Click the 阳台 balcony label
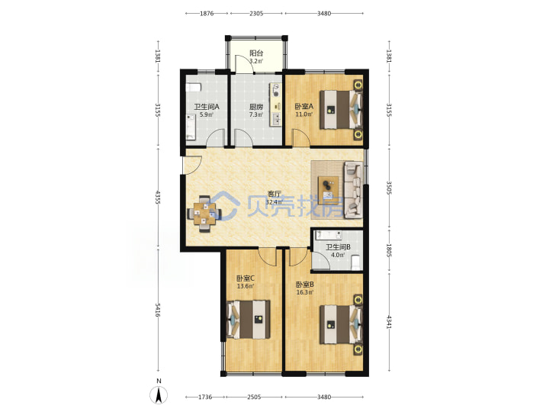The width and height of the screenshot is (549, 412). [x=256, y=53]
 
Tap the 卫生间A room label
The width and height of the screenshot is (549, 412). [x=207, y=107]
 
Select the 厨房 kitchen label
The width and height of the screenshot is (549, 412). [x=256, y=107]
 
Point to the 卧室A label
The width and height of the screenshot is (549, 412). [x=303, y=106]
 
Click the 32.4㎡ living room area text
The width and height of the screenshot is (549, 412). [x=274, y=202]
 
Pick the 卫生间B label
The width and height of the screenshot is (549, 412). [x=338, y=247]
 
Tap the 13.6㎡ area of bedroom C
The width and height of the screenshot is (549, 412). [x=246, y=286]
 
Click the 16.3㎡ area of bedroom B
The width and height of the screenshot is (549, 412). [x=304, y=292]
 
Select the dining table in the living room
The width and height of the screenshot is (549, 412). [x=204, y=214]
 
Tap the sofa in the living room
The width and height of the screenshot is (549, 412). [x=353, y=189]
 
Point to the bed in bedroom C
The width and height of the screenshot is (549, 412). [x=249, y=319]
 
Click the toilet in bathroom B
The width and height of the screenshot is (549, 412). [x=355, y=262]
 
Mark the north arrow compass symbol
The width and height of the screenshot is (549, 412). [x=159, y=395]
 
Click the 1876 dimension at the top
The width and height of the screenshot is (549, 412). [x=207, y=13]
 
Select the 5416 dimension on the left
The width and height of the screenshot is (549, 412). [x=158, y=310]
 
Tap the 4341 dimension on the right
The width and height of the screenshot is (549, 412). [x=389, y=322]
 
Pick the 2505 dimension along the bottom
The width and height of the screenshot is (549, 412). [x=254, y=397]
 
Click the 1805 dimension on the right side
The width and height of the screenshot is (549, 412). [x=389, y=250]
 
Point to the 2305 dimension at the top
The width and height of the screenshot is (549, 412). [x=256, y=13]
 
